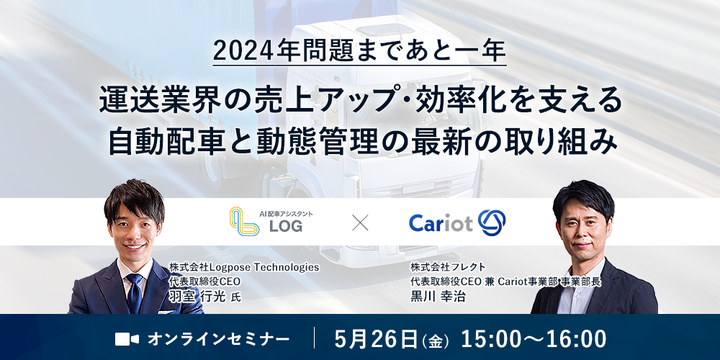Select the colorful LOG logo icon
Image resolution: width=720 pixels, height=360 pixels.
(244, 221)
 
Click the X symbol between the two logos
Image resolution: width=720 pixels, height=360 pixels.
(360, 223)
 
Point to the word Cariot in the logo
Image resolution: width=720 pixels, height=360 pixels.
(441, 224)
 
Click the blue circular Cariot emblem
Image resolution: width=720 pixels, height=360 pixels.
(492, 222)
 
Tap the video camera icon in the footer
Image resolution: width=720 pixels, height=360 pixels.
(127, 339)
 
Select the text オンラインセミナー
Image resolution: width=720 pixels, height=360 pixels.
(219, 339)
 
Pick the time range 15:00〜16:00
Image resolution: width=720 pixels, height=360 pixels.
(534, 339)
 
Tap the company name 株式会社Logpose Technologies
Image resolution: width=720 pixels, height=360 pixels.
(244, 267)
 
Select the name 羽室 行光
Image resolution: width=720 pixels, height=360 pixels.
(198, 297)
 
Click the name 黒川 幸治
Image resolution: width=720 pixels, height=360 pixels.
(438, 297)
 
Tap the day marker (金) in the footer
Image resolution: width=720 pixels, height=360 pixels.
(434, 341)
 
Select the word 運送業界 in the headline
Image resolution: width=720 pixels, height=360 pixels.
(148, 102)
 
